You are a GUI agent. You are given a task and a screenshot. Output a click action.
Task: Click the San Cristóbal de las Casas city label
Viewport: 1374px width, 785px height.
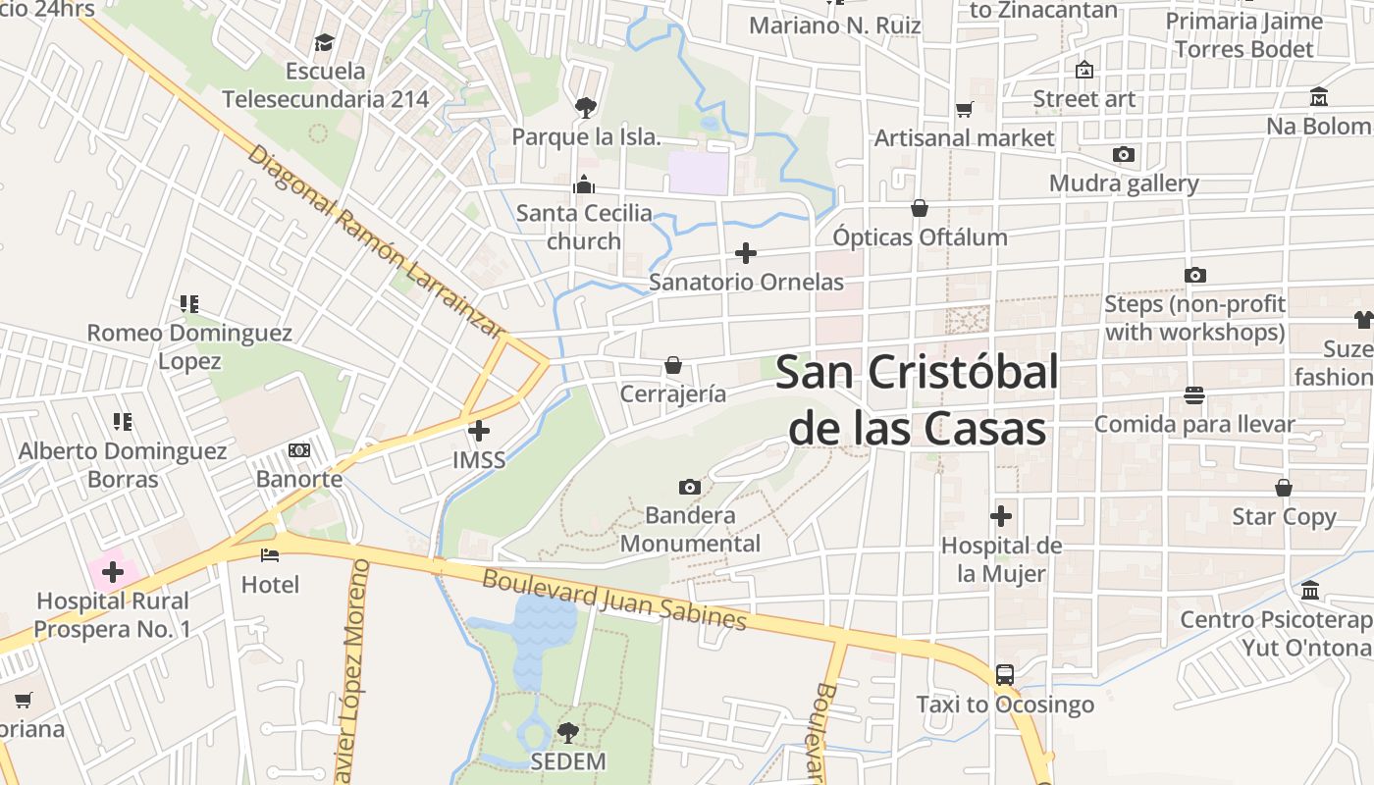tap(917, 400)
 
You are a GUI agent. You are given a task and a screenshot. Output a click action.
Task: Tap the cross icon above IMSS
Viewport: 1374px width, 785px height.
tap(479, 431)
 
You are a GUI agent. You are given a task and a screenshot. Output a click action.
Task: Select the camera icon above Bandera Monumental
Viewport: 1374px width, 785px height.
tap(690, 487)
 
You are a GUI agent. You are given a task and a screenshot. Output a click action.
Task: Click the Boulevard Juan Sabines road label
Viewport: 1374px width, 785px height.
tap(614, 599)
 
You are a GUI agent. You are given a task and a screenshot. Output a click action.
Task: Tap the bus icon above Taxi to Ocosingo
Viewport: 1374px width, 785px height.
tap(1005, 675)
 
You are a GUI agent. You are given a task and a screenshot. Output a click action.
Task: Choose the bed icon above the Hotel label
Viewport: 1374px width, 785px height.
tap(270, 555)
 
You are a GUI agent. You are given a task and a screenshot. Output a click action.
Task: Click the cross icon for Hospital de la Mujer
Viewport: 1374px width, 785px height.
tap(1001, 515)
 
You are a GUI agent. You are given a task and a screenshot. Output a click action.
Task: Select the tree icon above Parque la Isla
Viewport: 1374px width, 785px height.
tap(586, 107)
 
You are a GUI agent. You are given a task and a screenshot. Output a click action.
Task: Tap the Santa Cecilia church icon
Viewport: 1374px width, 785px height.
tap(584, 184)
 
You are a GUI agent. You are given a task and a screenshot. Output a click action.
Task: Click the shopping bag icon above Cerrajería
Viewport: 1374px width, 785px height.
tap(673, 365)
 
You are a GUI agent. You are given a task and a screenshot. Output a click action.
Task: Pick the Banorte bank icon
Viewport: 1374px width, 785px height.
tap(299, 450)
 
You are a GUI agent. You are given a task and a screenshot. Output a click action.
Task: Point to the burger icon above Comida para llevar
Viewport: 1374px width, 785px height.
tap(1194, 395)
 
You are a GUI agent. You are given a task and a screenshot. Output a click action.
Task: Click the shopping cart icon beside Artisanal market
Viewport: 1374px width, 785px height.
tap(965, 109)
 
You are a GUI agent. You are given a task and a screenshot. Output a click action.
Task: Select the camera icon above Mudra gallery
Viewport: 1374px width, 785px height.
tap(1124, 154)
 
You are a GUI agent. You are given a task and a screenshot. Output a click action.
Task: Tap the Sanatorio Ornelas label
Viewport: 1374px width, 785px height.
tap(746, 282)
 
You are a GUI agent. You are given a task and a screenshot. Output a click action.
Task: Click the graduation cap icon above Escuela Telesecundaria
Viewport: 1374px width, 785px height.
tap(325, 42)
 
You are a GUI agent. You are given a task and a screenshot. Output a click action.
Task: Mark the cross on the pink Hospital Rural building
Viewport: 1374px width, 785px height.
tap(113, 571)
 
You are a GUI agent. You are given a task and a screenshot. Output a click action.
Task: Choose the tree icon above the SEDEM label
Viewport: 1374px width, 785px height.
tap(567, 732)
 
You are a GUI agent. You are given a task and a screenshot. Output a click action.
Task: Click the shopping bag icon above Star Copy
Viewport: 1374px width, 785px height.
tap(1284, 488)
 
